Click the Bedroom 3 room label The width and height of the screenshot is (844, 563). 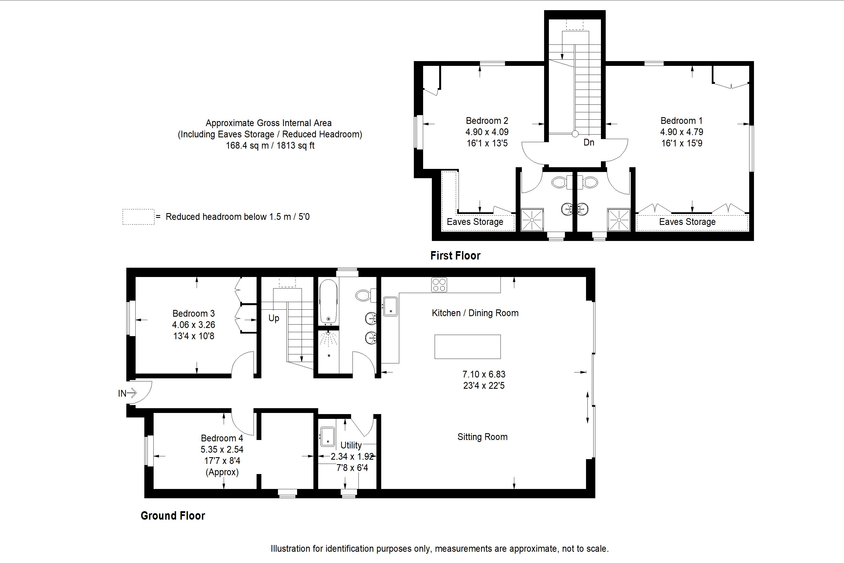(194, 314)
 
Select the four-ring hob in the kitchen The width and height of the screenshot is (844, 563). (439, 285)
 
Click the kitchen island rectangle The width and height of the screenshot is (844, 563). (467, 347)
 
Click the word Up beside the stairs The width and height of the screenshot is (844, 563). (274, 318)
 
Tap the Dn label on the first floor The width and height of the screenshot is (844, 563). (589, 142)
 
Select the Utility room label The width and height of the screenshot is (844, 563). (351, 445)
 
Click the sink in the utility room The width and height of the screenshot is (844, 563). (327, 437)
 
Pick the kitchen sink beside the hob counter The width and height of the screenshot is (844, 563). (390, 306)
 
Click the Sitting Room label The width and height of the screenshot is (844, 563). (482, 437)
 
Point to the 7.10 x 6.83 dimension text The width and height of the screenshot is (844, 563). (484, 374)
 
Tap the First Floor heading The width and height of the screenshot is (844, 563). (455, 256)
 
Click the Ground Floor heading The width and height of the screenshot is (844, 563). (173, 516)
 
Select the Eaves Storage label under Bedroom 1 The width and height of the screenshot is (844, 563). (687, 222)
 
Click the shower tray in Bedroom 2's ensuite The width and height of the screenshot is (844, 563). (532, 219)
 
